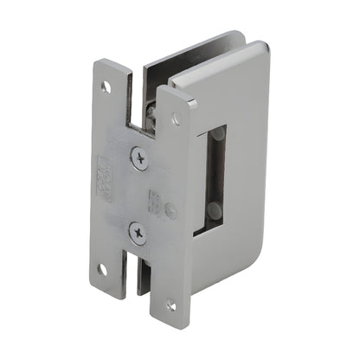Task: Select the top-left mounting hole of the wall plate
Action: (106, 86)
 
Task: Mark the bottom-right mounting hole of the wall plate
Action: (170, 305)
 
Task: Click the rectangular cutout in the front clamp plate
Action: (215, 178)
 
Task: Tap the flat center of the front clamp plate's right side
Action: (247, 173)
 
